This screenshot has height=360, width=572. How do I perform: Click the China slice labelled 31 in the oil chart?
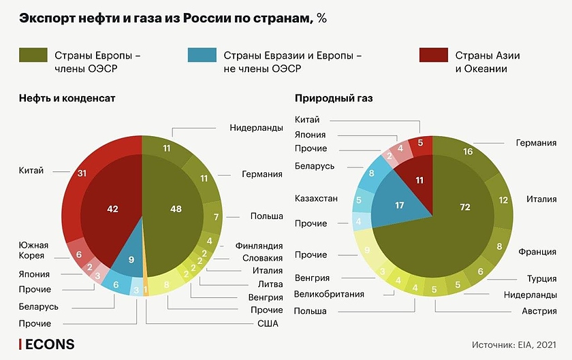click(82, 174)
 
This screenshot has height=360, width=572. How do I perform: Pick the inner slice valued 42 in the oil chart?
click(112, 210)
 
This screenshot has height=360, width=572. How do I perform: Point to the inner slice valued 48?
click(176, 210)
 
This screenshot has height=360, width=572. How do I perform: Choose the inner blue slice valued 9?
click(131, 259)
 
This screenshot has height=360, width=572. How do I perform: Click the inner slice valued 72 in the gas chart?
click(465, 207)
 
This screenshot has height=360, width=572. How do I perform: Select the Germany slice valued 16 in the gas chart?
click(468, 152)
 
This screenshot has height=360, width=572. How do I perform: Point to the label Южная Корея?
click(32, 250)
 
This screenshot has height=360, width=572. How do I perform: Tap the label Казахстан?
click(316, 199)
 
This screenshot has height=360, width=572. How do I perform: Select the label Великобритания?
click(329, 294)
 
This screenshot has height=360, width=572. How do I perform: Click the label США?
click(268, 324)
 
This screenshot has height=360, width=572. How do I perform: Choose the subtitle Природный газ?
click(334, 98)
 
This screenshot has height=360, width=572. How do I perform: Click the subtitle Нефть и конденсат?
click(67, 98)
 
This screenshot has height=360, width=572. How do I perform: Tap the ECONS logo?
click(47, 344)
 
